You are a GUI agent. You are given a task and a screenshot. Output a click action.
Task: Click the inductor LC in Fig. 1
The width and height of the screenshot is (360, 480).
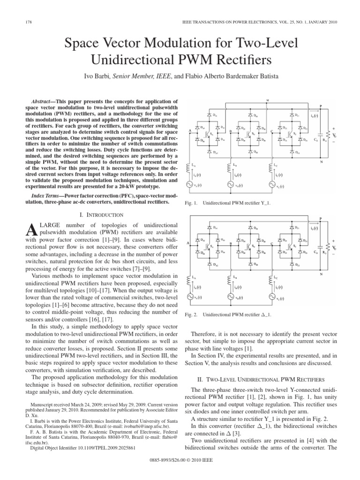pyautogui.click(x=270, y=166)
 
